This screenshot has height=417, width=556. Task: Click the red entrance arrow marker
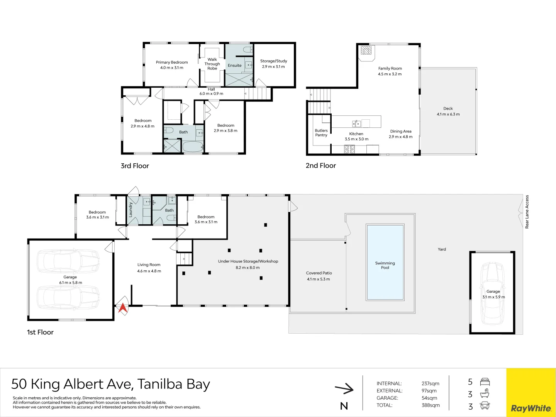click(x=123, y=308)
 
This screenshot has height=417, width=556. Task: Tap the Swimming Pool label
click(x=385, y=265)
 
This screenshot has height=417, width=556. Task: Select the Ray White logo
click(x=531, y=408)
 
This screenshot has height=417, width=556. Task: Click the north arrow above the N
click(x=344, y=389)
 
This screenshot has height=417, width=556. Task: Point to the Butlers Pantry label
click(x=321, y=133)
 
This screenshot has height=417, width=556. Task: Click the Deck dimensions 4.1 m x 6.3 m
click(x=448, y=114)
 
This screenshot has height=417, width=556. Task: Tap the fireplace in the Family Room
click(x=366, y=51)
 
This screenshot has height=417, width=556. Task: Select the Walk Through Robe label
click(x=212, y=64)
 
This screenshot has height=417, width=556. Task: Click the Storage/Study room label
click(x=273, y=61)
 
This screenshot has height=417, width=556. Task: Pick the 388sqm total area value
click(x=431, y=405)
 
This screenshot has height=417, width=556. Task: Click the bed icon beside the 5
click(x=485, y=382)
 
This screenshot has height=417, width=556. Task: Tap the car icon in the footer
click(x=485, y=406)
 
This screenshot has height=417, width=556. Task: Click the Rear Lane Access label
click(x=527, y=212)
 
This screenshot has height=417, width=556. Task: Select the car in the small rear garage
click(x=492, y=293)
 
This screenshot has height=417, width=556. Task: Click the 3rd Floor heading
click(x=135, y=166)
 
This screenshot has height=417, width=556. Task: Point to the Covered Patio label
click(x=319, y=273)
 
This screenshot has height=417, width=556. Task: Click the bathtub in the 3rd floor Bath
click(x=192, y=147)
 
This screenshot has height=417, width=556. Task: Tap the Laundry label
click(x=131, y=210)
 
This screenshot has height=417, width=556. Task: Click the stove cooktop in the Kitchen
click(x=349, y=149)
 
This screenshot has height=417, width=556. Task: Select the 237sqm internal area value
click(x=431, y=383)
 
